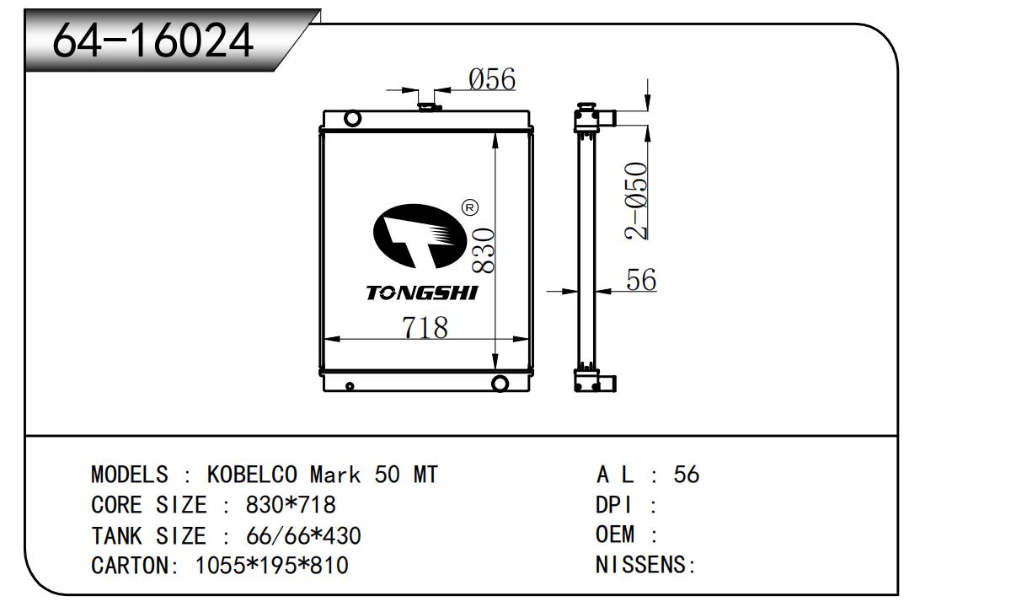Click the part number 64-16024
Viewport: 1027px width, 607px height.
(x=153, y=40)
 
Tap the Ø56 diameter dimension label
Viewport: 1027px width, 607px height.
(x=492, y=79)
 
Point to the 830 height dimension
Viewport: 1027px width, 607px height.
(x=484, y=251)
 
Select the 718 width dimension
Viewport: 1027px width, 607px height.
(x=425, y=327)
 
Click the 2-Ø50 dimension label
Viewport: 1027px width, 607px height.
(x=636, y=201)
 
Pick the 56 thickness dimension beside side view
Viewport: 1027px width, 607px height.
(x=641, y=279)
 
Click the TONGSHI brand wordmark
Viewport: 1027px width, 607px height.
(x=422, y=293)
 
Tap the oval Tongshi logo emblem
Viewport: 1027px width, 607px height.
(x=420, y=236)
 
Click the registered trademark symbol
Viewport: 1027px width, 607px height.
(x=469, y=208)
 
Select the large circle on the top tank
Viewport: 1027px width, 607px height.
(x=352, y=118)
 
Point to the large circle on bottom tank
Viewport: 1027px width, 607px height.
(x=500, y=383)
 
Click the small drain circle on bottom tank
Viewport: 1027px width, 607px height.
(x=350, y=386)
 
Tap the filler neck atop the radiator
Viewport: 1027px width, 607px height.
(x=430, y=107)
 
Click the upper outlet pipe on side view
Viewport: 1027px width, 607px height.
(x=607, y=118)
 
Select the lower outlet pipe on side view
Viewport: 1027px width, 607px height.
(x=607, y=384)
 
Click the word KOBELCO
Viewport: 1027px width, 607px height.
(x=252, y=475)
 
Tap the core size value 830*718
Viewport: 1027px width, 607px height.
(x=291, y=505)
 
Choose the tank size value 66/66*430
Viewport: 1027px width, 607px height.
(x=303, y=535)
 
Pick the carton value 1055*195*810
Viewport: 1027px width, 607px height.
(x=272, y=565)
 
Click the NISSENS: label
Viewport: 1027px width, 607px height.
(x=645, y=564)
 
